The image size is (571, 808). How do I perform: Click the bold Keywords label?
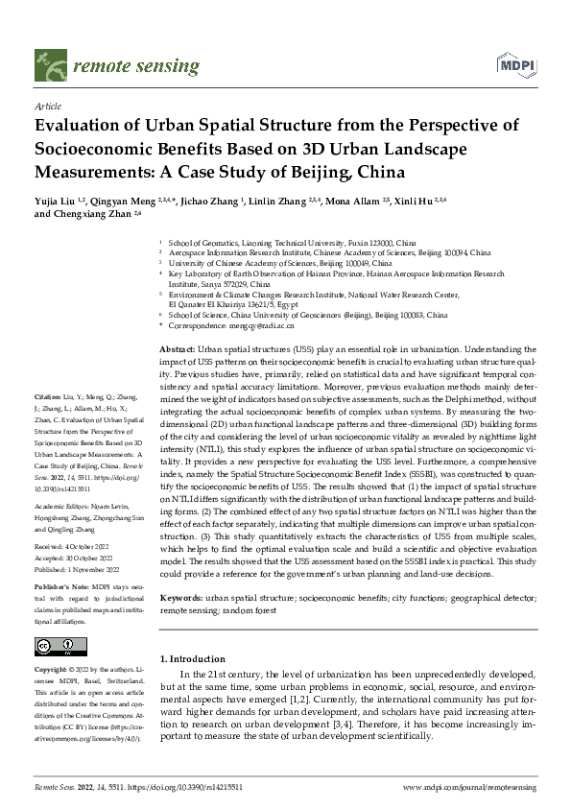(x=180, y=597)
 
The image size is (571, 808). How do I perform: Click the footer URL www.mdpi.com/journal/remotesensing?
(x=470, y=786)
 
